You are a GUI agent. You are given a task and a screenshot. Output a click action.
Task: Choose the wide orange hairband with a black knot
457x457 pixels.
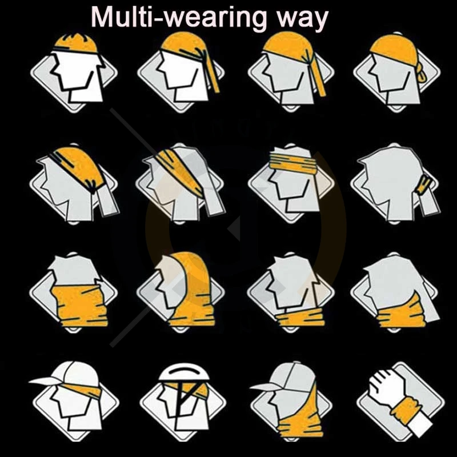[x=80, y=163]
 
